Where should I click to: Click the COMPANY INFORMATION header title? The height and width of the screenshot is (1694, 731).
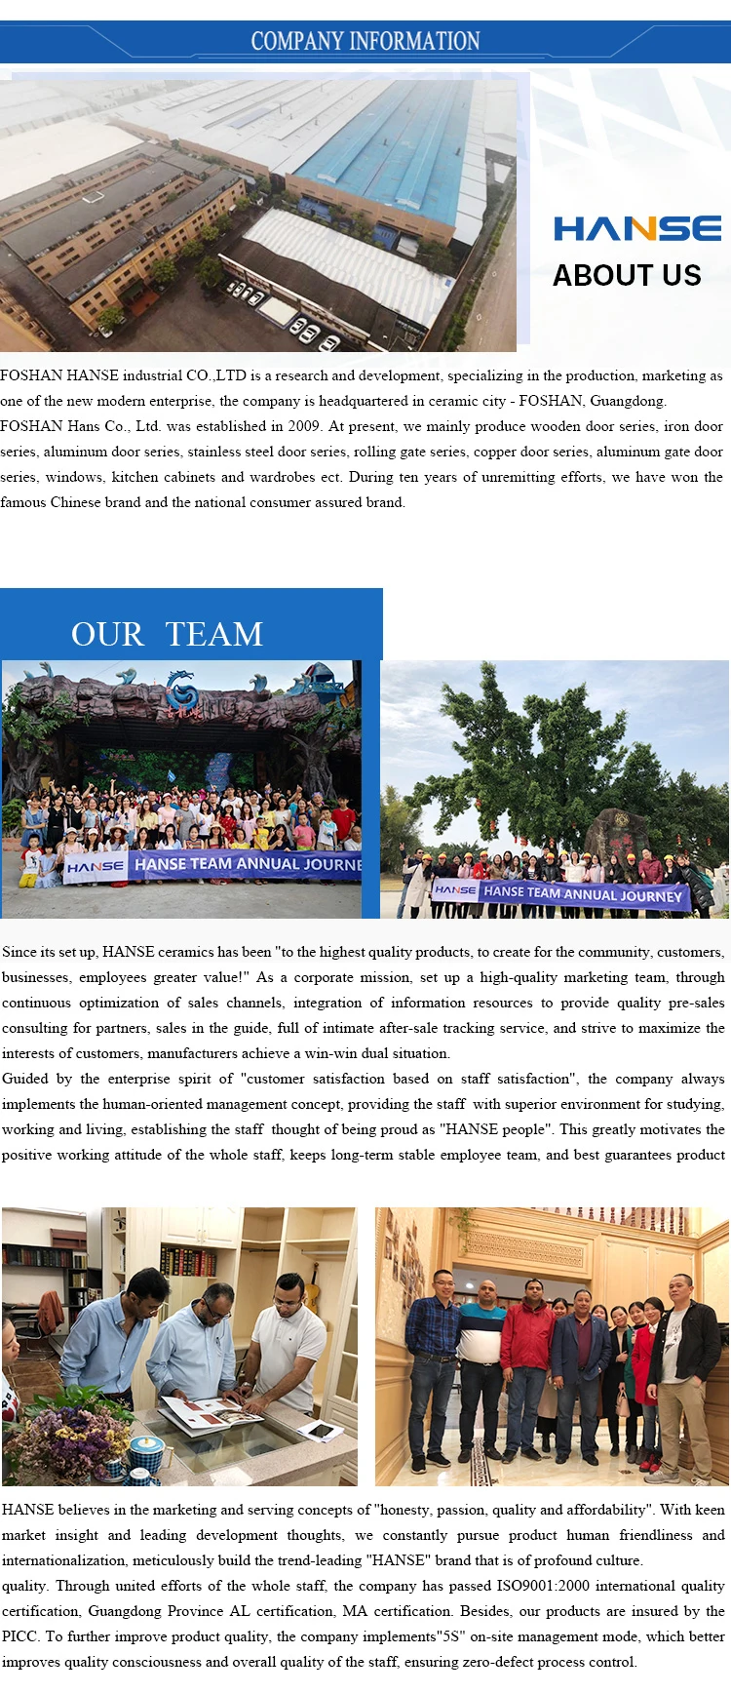[365, 41]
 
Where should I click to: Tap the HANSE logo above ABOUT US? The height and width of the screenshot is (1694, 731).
[637, 228]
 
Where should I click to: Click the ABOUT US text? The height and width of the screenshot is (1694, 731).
[627, 276]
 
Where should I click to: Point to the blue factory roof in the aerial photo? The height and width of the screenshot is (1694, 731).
[390, 156]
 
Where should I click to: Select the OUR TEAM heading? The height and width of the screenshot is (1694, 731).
[167, 634]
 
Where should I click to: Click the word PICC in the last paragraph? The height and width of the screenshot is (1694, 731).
[19, 1636]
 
